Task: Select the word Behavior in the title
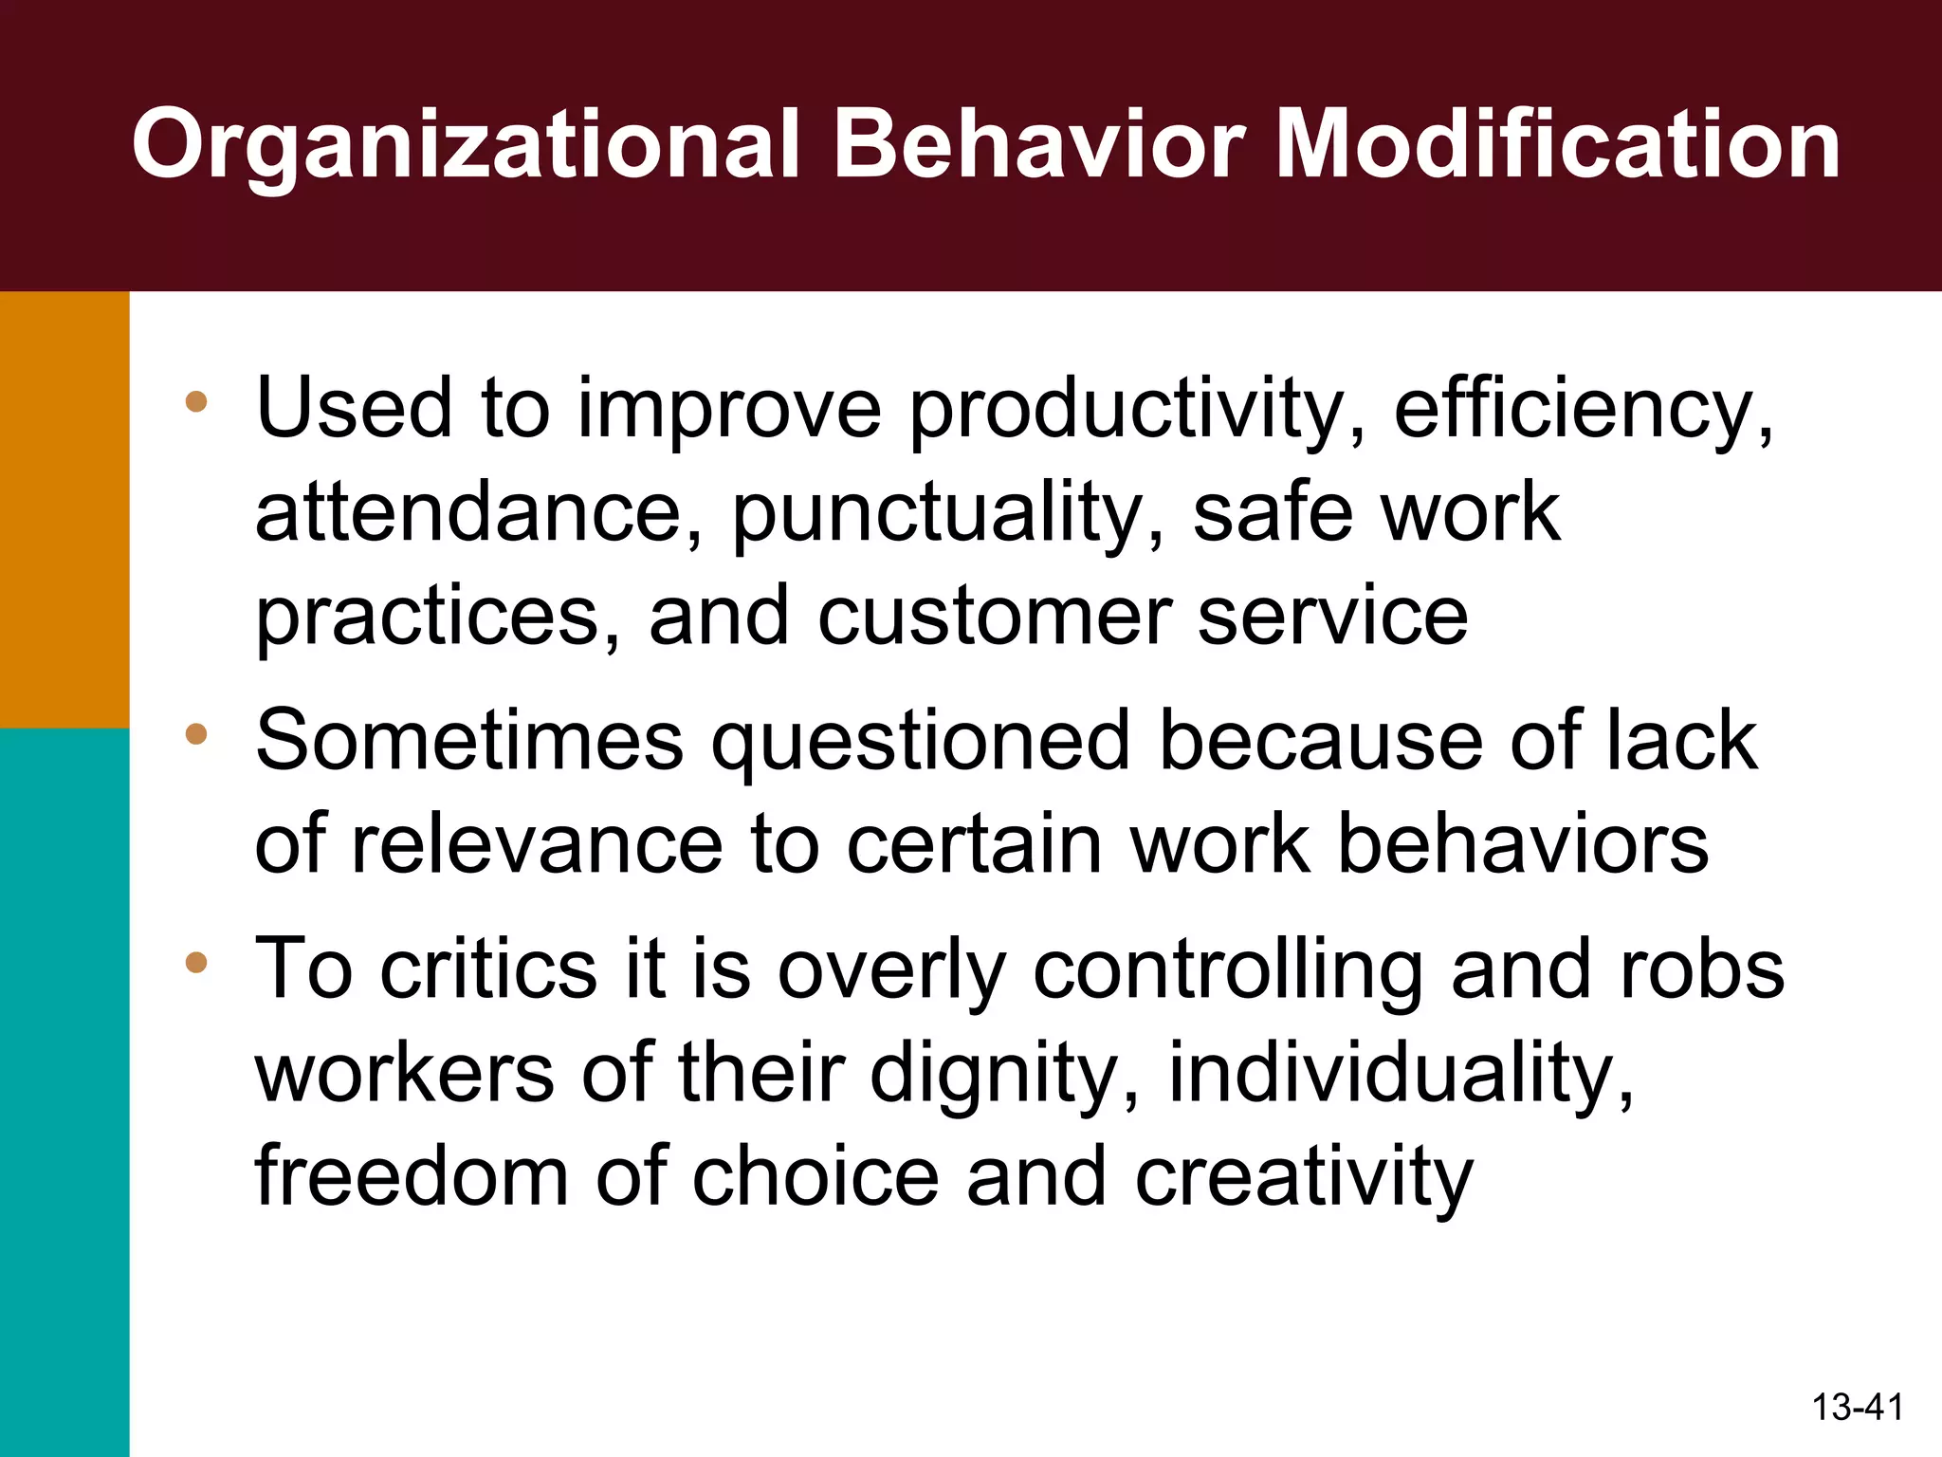coord(1038,145)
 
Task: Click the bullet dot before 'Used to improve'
coord(196,402)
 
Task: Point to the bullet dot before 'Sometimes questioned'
coord(196,733)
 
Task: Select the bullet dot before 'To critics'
coord(196,964)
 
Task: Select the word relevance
coord(538,843)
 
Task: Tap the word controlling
coord(1228,970)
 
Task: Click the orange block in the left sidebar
coord(64,509)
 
